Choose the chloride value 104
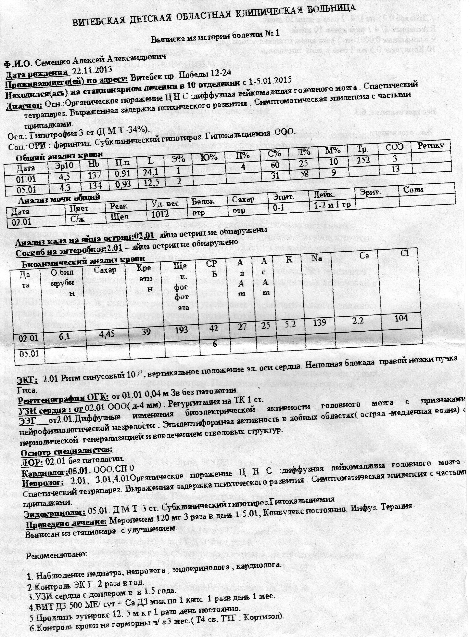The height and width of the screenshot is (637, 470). [401, 318]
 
